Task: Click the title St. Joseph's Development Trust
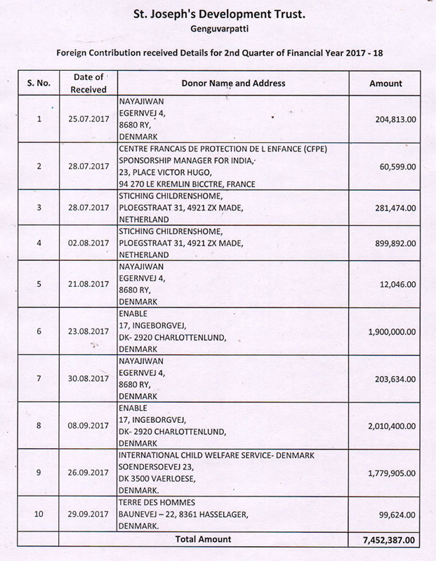pyautogui.click(x=218, y=13)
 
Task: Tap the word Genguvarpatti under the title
pyautogui.click(x=218, y=29)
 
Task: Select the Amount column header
pyautogui.click(x=385, y=83)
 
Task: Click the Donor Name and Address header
pyautogui.click(x=233, y=83)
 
